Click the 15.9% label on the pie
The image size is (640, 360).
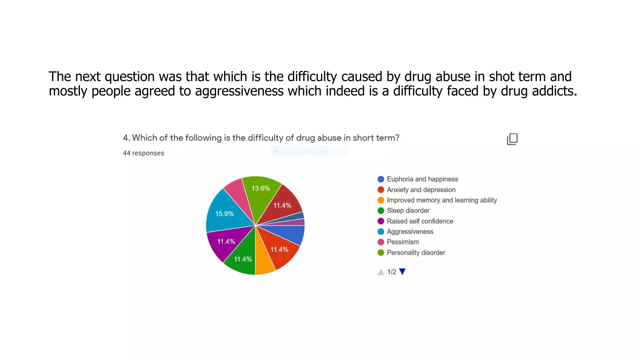224,214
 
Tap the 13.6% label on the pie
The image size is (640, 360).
261,188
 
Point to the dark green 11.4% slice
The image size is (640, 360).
242,259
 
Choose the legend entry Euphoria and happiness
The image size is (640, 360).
422,179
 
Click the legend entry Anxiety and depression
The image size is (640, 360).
421,190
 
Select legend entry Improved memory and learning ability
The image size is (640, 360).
442,200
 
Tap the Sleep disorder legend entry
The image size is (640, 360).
408,211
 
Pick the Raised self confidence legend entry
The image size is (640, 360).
420,221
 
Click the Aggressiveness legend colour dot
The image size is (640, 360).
381,232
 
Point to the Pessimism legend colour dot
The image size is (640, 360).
381,242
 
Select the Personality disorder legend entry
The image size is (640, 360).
416,252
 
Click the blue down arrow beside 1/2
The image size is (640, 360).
402,272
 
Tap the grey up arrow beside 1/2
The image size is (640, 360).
381,272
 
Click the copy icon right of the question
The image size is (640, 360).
512,139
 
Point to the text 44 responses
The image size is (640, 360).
143,153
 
